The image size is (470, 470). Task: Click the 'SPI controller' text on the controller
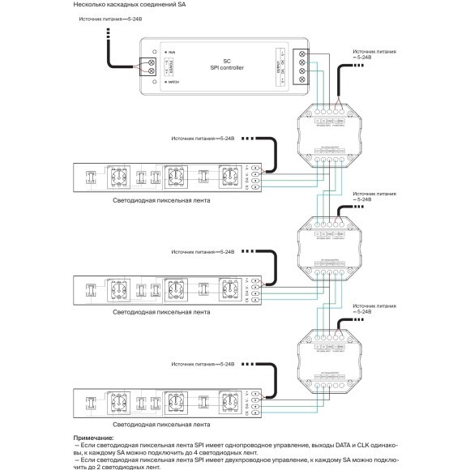pyautogui.click(x=226, y=67)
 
